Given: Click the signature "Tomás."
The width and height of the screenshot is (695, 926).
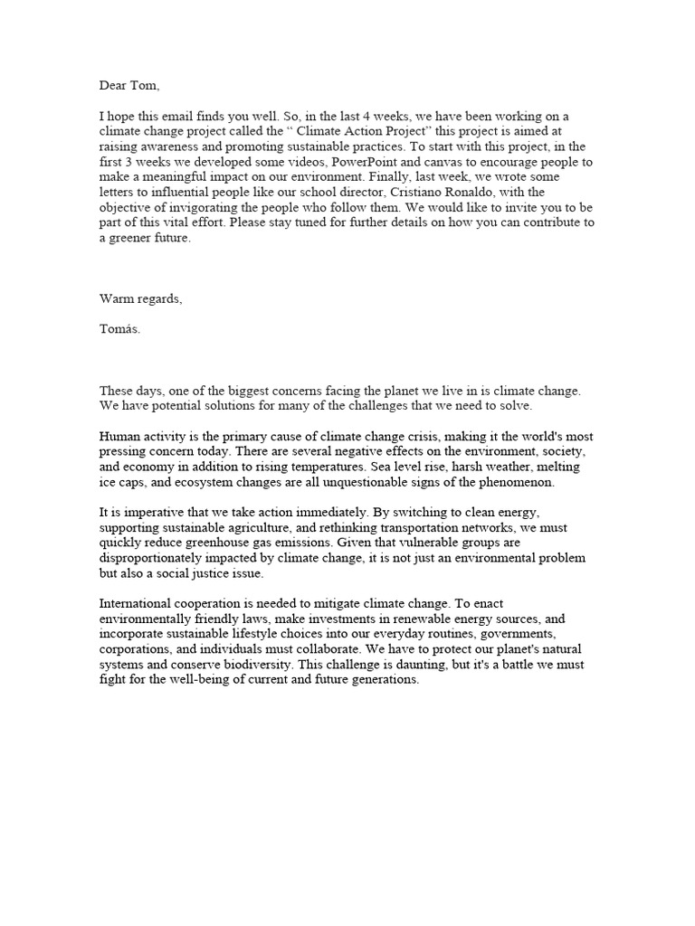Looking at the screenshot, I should coord(119,329).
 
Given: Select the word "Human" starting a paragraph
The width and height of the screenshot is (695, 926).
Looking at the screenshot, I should coord(119,437).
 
